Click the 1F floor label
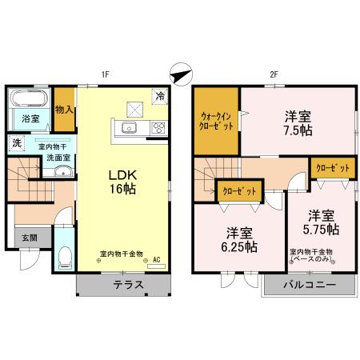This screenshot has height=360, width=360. tap(104, 75)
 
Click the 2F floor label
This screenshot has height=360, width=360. tap(273, 75)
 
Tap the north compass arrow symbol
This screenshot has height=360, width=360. tap(181, 74)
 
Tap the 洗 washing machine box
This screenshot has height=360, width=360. tap(16, 144)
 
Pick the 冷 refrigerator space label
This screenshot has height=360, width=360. tap(160, 94)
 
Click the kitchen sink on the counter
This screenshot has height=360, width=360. tap(130, 127)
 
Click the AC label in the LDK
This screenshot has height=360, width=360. tap(157, 259)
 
